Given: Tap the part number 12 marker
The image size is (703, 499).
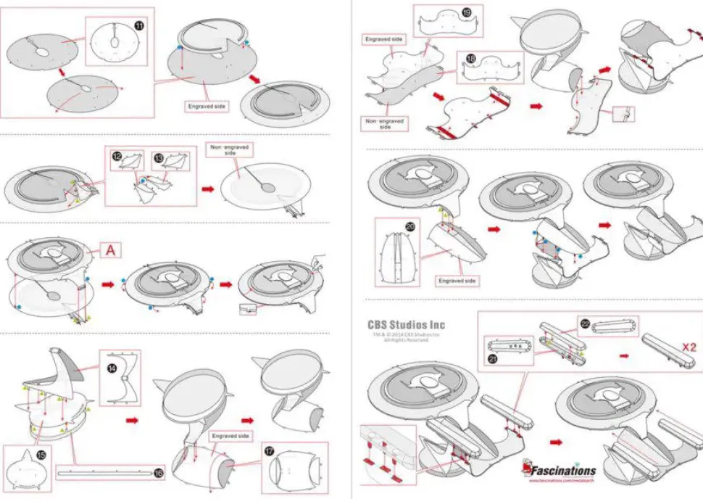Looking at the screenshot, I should pos(117,156).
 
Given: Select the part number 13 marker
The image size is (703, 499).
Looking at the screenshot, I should pos(158,156).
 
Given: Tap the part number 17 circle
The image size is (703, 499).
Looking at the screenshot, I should pos(270,450).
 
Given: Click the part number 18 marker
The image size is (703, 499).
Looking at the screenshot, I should pos(470,59).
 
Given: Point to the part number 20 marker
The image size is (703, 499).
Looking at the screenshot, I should pos(410,227).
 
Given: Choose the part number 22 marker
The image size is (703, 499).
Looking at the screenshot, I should pos(585,323).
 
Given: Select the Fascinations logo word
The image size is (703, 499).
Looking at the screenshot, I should pos(564,471).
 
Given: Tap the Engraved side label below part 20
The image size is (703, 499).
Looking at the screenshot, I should pos(457,280).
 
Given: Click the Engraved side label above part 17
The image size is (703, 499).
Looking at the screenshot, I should pos(231,436).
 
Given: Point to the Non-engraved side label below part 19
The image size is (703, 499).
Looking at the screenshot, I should pos(386,123).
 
